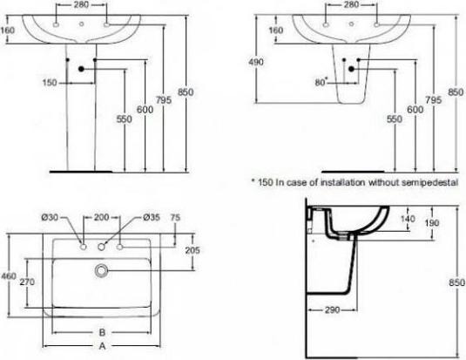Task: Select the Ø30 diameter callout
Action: click(73, 217)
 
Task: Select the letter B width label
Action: click(102, 332)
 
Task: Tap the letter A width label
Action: click(102, 346)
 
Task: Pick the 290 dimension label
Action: click(332, 310)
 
